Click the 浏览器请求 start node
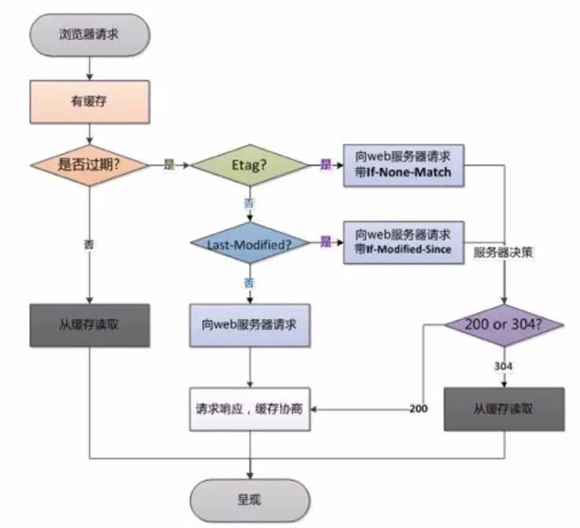[90, 35]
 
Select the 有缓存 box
[90, 102]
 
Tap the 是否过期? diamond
[89, 165]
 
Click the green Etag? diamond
[250, 165]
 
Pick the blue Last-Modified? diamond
[250, 243]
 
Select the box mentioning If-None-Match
[403, 165]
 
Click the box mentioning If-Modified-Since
[403, 243]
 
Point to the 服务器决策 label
[503, 253]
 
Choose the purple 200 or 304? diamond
[504, 325]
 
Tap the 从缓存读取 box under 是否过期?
[90, 325]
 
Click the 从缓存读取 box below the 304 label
[504, 409]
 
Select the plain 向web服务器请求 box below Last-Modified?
[250, 325]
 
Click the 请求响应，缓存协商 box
[250, 409]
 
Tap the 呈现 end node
[250, 500]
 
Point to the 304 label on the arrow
[504, 366]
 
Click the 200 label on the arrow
[418, 409]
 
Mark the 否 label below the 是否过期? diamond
[89, 244]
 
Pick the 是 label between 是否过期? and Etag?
[169, 165]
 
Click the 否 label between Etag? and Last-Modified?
[249, 203]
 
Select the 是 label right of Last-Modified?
[326, 242]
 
